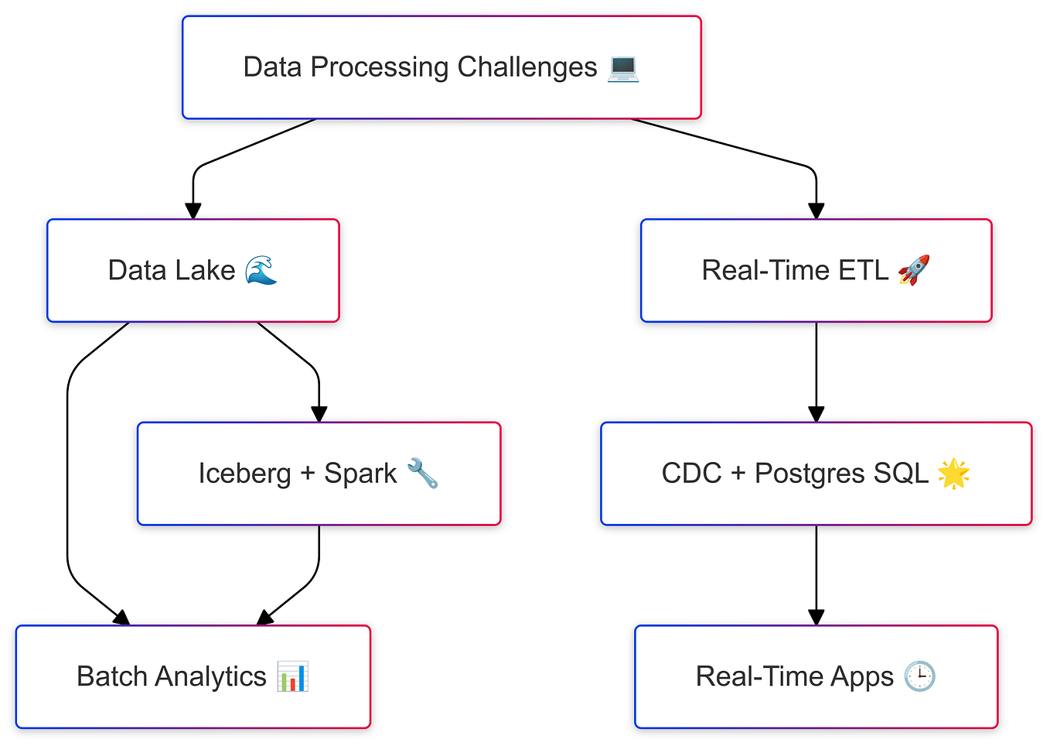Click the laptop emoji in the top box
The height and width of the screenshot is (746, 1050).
tap(623, 67)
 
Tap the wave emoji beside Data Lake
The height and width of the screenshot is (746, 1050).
tap(261, 271)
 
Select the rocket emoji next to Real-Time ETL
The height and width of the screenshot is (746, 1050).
tap(913, 271)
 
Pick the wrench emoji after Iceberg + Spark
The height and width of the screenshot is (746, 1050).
tap(422, 474)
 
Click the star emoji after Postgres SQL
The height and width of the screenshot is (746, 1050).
tap(953, 474)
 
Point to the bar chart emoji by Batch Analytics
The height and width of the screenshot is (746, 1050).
tap(293, 677)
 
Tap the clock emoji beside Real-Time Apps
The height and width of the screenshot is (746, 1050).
tap(919, 677)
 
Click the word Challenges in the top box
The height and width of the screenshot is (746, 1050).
tap(527, 67)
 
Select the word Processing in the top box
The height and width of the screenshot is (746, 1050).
tap(379, 67)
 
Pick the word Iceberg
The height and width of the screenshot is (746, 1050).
tap(244, 474)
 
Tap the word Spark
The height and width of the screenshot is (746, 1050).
tap(360, 474)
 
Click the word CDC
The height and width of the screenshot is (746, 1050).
tap(691, 474)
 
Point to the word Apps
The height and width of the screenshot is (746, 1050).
tap(861, 677)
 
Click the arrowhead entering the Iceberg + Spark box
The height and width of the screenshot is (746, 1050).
tap(319, 414)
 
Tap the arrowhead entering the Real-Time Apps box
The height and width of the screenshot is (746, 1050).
tap(816, 617)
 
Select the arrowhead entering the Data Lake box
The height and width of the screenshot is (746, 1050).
tap(193, 210)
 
